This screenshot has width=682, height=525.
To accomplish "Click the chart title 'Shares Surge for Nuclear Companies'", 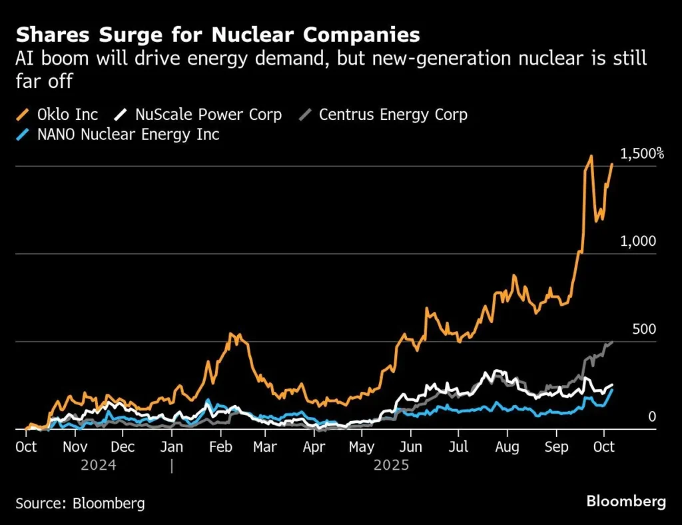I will click(218, 34).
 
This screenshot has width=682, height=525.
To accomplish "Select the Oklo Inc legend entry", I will click(57, 115).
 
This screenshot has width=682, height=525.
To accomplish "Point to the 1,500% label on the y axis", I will click(642, 154).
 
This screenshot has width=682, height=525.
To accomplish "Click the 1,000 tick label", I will click(638, 241).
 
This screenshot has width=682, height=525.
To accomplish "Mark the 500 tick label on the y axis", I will click(643, 329).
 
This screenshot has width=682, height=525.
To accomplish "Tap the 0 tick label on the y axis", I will click(652, 417).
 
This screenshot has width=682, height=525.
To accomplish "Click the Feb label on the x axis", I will click(221, 447).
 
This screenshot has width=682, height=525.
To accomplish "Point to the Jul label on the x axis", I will click(458, 447).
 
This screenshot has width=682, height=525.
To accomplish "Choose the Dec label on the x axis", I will click(122, 447).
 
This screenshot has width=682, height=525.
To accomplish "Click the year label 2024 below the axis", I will click(98, 465).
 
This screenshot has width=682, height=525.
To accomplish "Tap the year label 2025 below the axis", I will click(391, 465).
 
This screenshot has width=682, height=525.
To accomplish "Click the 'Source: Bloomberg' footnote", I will click(80, 502).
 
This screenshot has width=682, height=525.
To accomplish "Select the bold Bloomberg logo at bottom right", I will click(626, 502).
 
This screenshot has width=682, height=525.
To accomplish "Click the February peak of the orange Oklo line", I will click(232, 334).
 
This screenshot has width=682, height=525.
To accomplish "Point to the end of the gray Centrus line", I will click(611, 342).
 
